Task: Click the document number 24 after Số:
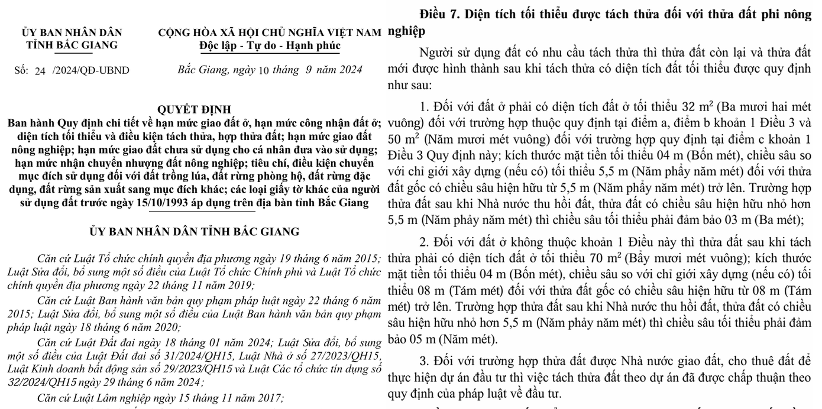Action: (x=40, y=71)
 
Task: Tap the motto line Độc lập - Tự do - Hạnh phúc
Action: (x=270, y=46)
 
